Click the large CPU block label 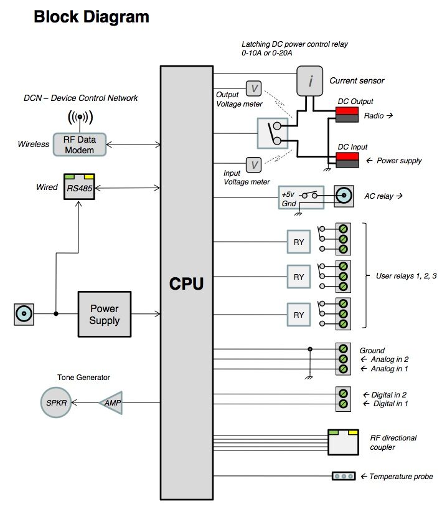(x=187, y=285)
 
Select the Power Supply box (x=105, y=315)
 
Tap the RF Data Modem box (x=79, y=144)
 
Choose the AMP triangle (x=113, y=403)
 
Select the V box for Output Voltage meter (x=254, y=88)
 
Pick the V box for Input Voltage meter (x=253, y=165)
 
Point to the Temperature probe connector (x=342, y=477)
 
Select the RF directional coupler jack (x=343, y=442)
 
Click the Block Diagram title (x=92, y=17)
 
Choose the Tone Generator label (x=83, y=378)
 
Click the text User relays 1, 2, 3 (x=406, y=275)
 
